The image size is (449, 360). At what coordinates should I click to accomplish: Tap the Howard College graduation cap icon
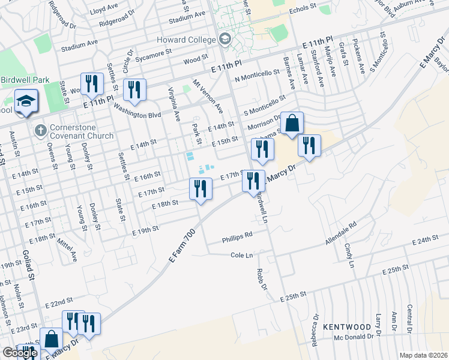tap(225, 40)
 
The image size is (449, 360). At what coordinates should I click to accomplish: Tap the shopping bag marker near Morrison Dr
tap(292, 124)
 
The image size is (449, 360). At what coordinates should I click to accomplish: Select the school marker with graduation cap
tap(26, 101)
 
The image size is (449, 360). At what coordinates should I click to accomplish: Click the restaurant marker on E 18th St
tap(200, 189)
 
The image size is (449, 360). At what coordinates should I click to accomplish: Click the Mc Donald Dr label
tap(354, 337)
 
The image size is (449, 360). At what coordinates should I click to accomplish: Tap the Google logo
tap(20, 353)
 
